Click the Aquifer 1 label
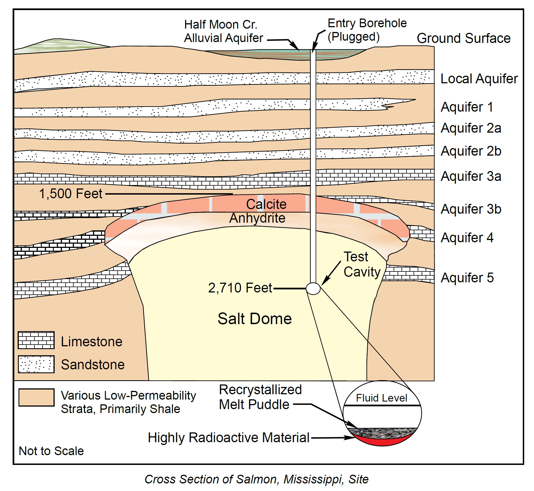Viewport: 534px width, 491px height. point(467,107)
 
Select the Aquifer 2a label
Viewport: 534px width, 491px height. point(471,128)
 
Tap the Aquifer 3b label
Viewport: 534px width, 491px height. point(471,209)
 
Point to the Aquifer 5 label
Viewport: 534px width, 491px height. point(467,278)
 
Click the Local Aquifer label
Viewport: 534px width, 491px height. point(479,79)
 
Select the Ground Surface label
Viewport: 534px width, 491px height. point(463,38)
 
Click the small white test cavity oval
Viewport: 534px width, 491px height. point(313,289)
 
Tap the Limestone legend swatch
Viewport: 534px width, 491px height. point(36,340)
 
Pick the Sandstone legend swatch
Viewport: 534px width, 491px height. point(36,364)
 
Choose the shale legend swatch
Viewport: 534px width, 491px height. point(36,397)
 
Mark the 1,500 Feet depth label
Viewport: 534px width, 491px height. point(71,194)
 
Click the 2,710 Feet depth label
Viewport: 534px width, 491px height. point(240,288)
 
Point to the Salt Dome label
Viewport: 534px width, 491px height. point(255,319)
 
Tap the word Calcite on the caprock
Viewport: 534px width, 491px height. point(266,204)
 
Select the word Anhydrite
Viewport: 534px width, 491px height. point(257,218)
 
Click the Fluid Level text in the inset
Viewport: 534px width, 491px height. point(382,398)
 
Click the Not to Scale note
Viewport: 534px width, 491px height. point(51,451)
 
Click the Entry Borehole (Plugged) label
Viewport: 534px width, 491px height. point(367,30)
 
